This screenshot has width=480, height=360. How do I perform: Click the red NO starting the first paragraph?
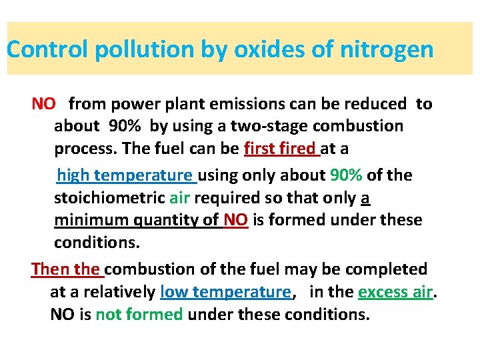tap(44, 104)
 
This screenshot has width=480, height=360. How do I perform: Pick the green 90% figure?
tap(346, 176)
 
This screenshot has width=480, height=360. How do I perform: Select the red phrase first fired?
tap(281, 149)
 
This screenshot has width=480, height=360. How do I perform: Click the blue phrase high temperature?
tap(125, 176)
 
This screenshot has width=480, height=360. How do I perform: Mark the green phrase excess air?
tap(395, 292)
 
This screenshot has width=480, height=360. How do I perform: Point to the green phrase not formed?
tap(139, 314)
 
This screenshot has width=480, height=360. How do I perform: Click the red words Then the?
tap(65, 269)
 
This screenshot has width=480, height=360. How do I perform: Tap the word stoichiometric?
tap(109, 198)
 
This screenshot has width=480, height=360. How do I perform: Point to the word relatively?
tap(116, 292)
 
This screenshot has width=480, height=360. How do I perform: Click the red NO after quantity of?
tap(235, 220)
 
